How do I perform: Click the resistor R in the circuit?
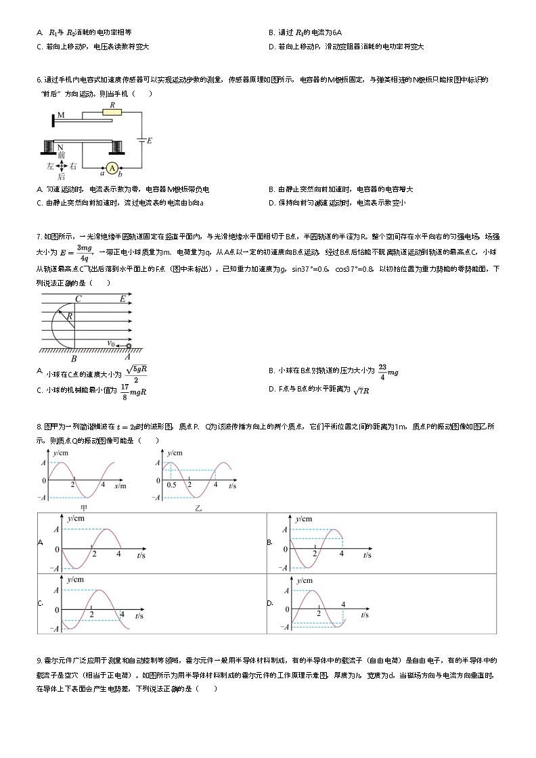click(x=112, y=112)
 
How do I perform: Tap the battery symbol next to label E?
click(x=141, y=140)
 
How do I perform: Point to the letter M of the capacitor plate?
click(x=61, y=115)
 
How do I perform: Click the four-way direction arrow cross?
click(x=61, y=165)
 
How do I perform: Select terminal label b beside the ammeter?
click(x=120, y=175)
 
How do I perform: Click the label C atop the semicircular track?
click(x=79, y=298)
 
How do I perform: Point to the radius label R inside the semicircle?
click(x=70, y=316)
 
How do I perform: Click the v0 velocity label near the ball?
click(x=110, y=342)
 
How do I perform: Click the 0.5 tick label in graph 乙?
click(x=173, y=485)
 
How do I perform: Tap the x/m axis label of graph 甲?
click(x=120, y=485)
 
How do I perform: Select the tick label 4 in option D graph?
click(x=344, y=604)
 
